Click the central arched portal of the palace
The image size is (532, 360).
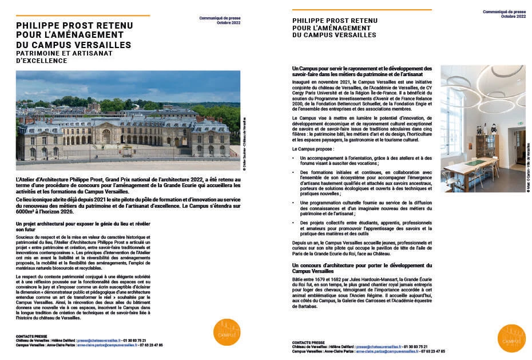click(x=106, y=136)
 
